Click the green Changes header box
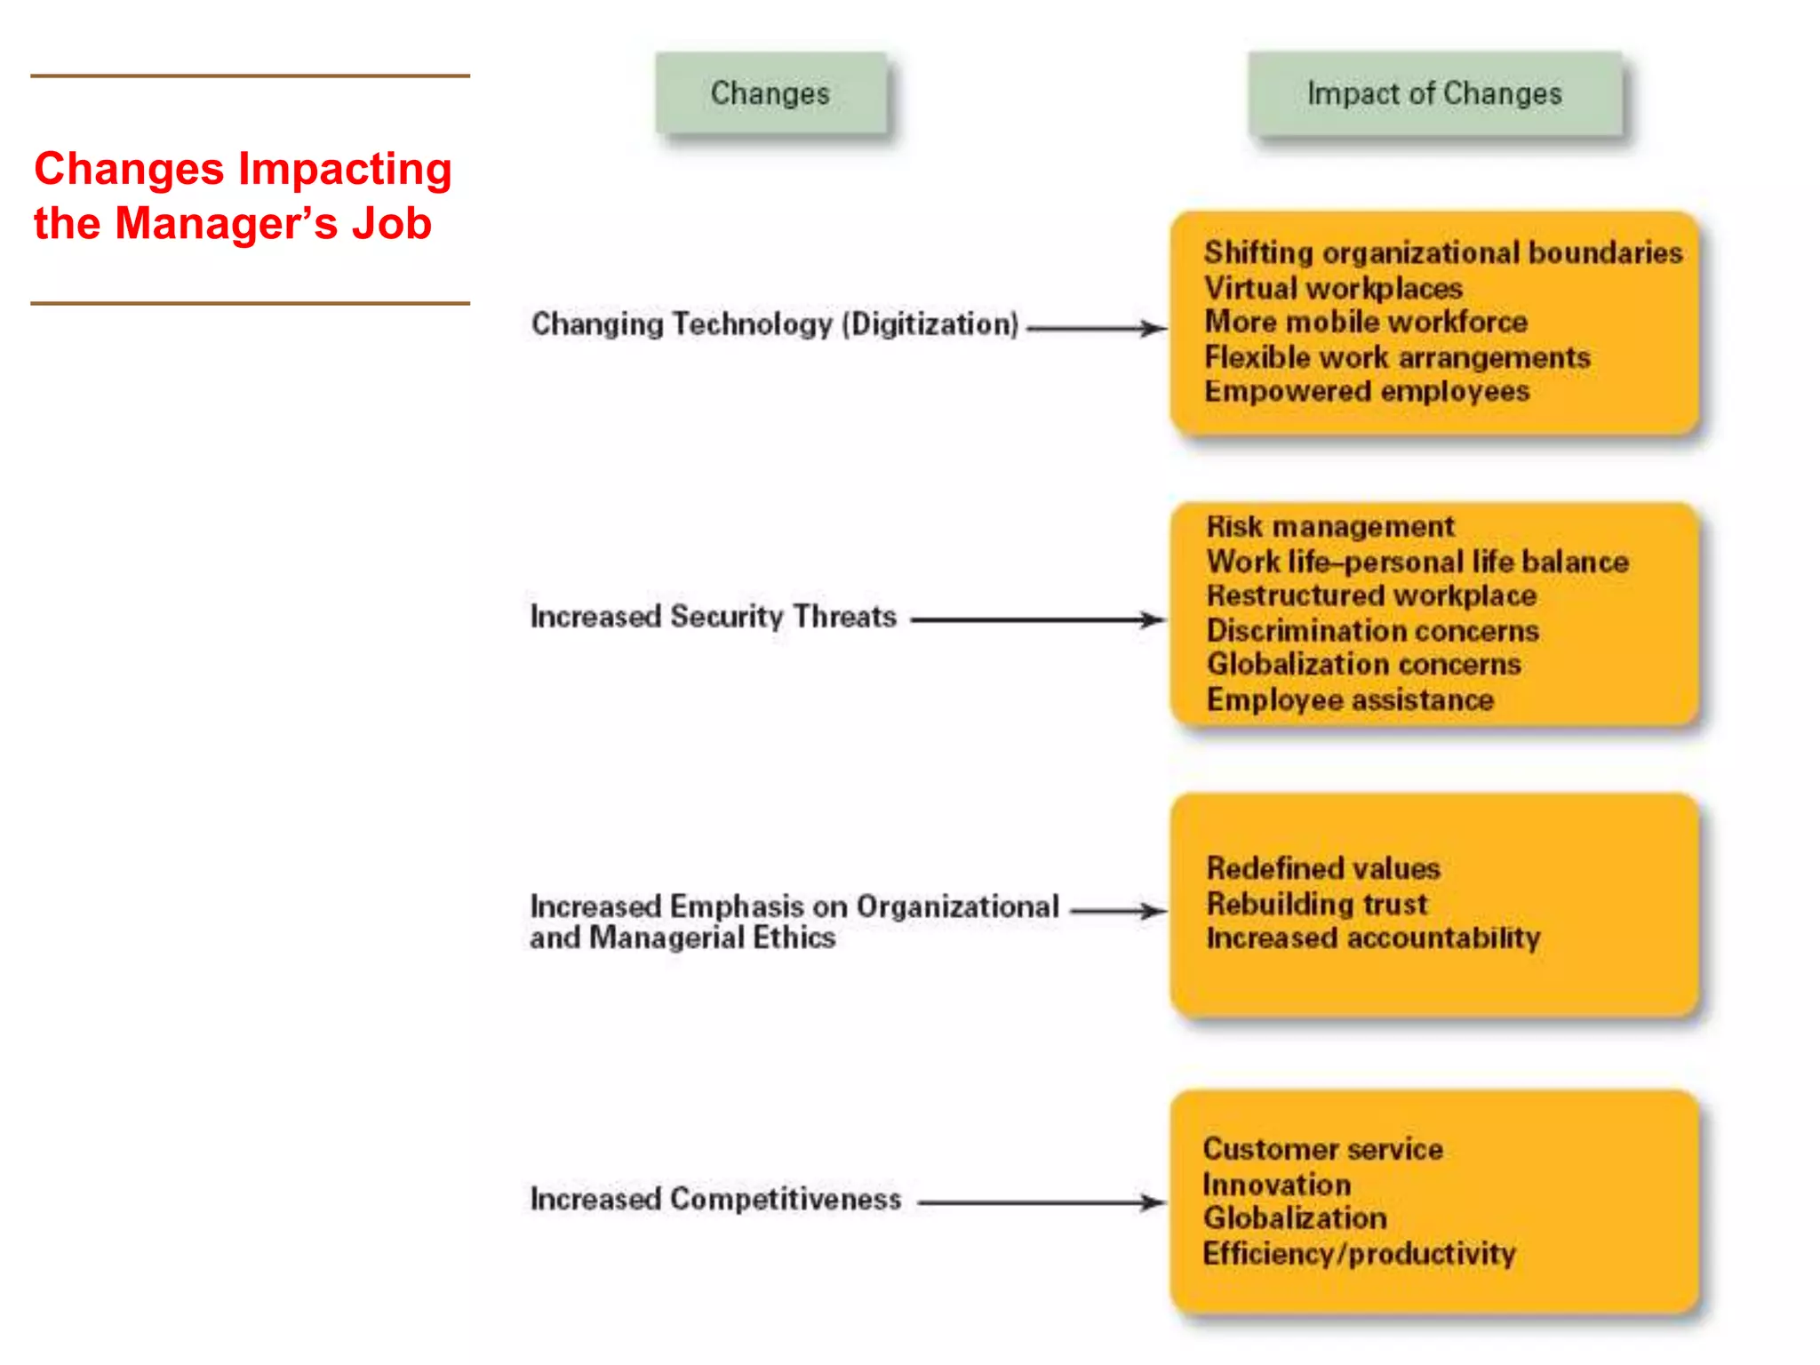pos(770,93)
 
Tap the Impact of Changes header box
pos(1434,93)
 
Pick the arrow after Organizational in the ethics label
pos(1117,911)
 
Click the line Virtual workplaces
pos(1333,288)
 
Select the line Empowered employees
pos(1366,392)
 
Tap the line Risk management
pos(1329,527)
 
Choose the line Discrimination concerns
pos(1372,631)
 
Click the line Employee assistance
pos(1349,700)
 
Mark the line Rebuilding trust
pos(1316,904)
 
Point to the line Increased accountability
pos(1373,938)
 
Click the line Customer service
pos(1322,1149)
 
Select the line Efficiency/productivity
pos(1359,1254)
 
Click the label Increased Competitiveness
pos(715,1199)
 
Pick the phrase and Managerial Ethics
pos(682,938)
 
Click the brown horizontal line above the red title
pos(250,76)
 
